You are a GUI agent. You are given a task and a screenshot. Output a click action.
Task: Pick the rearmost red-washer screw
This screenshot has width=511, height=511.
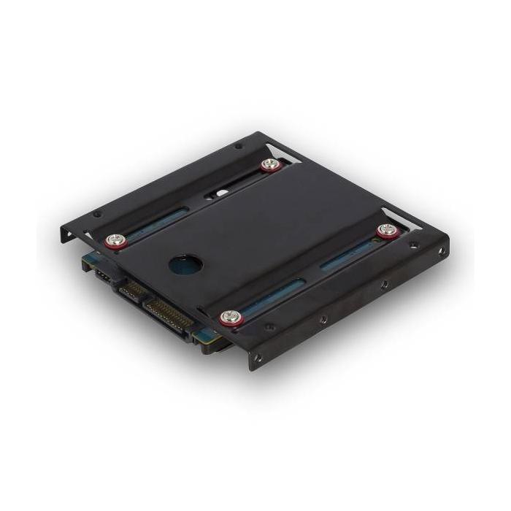coord(271,164)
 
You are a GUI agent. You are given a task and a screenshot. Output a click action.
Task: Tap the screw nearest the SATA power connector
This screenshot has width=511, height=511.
coord(229,317)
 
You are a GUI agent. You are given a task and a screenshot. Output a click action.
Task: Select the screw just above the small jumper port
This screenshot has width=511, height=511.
coord(115,239)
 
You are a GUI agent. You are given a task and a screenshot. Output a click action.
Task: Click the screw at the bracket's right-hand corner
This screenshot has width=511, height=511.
coord(385,231)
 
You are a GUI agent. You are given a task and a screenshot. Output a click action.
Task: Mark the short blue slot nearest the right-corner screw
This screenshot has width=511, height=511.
coord(343,256)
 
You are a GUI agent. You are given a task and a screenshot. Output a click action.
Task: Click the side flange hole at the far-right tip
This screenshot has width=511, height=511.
coord(440,251)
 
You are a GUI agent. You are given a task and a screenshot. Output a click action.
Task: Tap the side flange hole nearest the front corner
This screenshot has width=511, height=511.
coord(257,358)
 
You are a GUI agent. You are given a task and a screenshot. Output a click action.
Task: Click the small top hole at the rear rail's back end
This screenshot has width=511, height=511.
coord(238,146)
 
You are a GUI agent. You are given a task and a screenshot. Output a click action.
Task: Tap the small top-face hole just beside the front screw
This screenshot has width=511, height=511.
coord(270,328)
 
